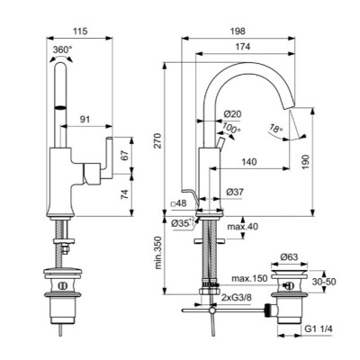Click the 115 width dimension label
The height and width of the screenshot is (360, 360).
point(80,31)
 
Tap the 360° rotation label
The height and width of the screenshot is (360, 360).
point(62,49)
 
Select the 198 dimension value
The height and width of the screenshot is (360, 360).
point(238,31)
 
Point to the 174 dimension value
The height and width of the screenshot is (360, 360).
point(243,47)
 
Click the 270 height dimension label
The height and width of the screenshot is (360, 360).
point(159,140)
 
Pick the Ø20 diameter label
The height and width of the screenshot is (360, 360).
point(232,114)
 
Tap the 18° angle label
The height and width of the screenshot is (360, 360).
point(276,129)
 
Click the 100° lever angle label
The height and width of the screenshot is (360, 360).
point(231,129)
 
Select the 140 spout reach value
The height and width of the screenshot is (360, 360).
point(249,162)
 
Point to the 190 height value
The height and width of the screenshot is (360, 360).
point(305,162)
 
